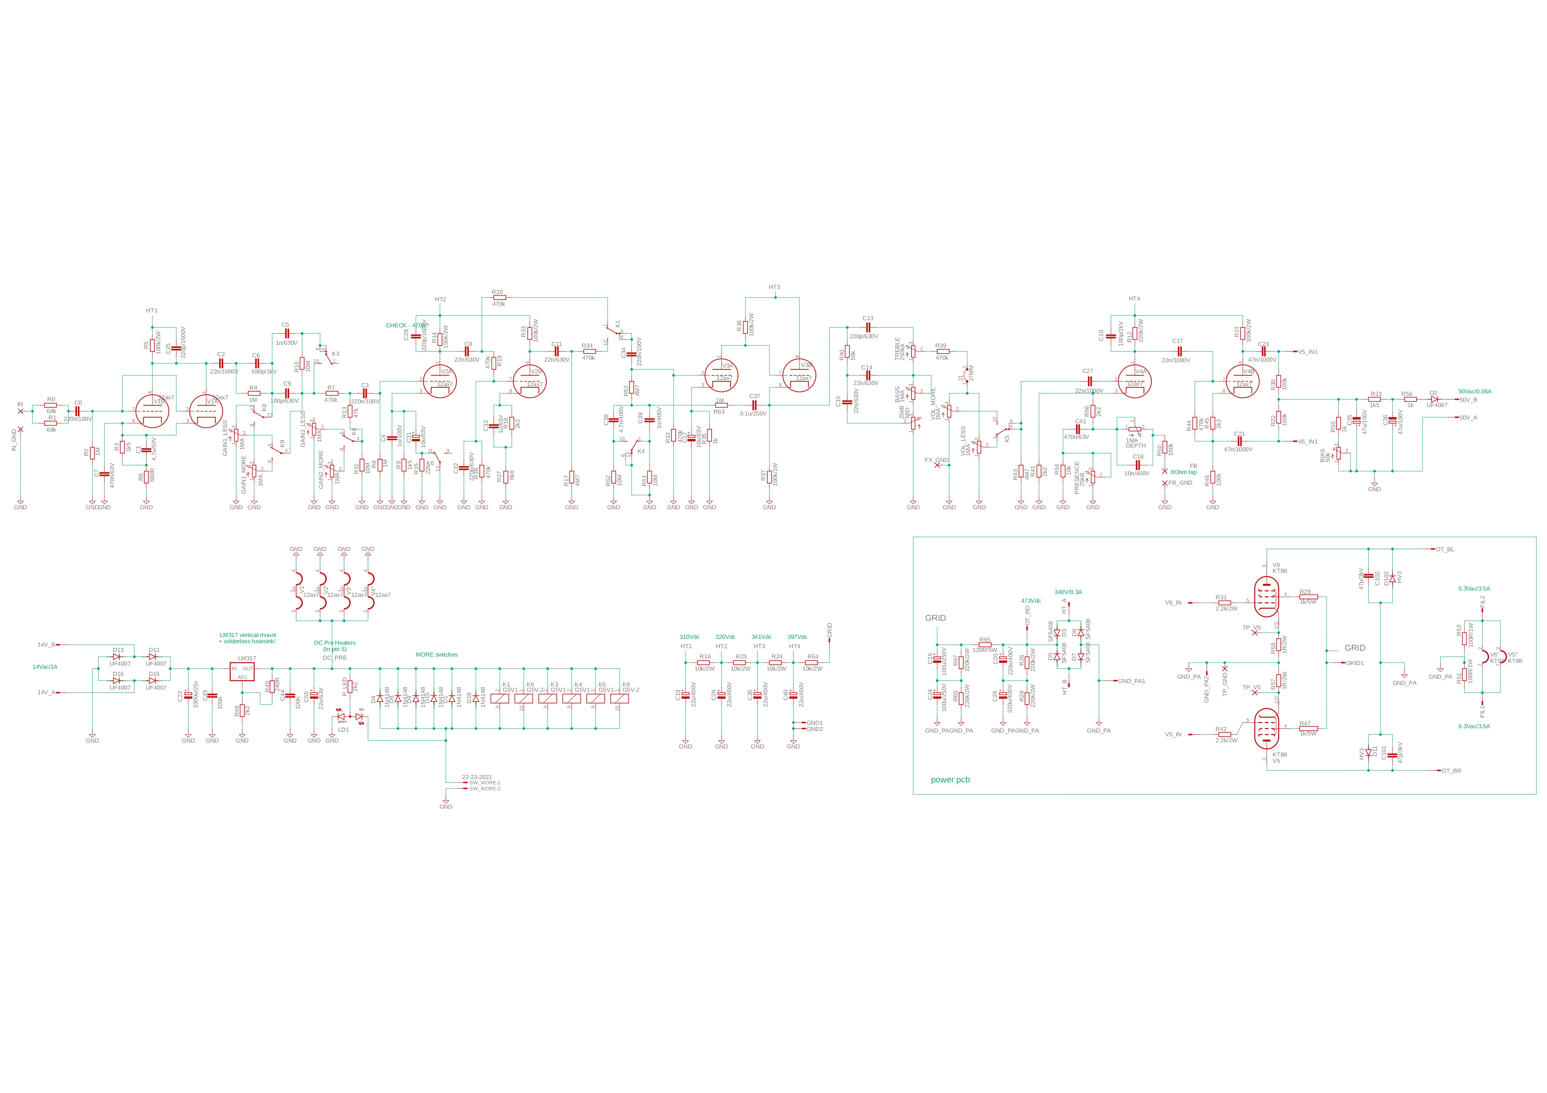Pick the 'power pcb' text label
pos(950,780)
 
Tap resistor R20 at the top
pos(498,297)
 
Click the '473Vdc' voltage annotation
pos(1031,601)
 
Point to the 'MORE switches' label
pos(437,655)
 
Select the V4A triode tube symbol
pos(1135,382)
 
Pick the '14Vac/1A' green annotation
pos(45,667)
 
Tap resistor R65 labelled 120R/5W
pos(985,644)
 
